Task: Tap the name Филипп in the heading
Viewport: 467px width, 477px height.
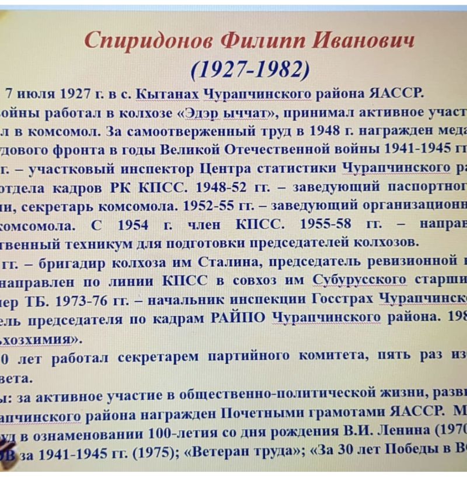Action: [x=263, y=41]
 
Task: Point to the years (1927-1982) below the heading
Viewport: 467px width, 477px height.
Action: [x=250, y=69]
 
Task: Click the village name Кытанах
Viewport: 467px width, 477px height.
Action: [x=167, y=93]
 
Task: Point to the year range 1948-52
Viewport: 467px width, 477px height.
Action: [x=221, y=187]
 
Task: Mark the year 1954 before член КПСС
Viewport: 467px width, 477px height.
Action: [x=133, y=225]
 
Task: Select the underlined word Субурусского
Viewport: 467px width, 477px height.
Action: [x=360, y=280]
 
